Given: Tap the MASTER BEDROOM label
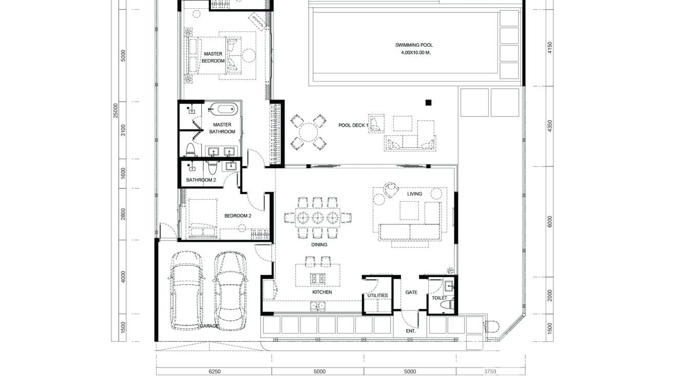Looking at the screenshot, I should (213, 57).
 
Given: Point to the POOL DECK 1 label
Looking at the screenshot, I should (353, 125).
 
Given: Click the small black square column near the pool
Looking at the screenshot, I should (428, 102).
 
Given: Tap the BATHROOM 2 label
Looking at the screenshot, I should (201, 180).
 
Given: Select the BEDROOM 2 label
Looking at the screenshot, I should (237, 216).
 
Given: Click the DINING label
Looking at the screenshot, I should (319, 245).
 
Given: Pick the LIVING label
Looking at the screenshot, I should (414, 194).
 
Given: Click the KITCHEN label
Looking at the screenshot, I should (322, 293).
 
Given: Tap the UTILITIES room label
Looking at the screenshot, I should (377, 296).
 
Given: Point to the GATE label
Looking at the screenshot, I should (411, 293).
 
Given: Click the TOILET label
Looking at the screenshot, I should (439, 298).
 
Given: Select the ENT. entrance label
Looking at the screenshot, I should (411, 331).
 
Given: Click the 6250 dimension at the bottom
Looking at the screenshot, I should (214, 372).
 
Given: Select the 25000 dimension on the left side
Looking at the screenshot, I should (116, 110).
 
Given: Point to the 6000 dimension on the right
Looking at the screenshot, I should (550, 221).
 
